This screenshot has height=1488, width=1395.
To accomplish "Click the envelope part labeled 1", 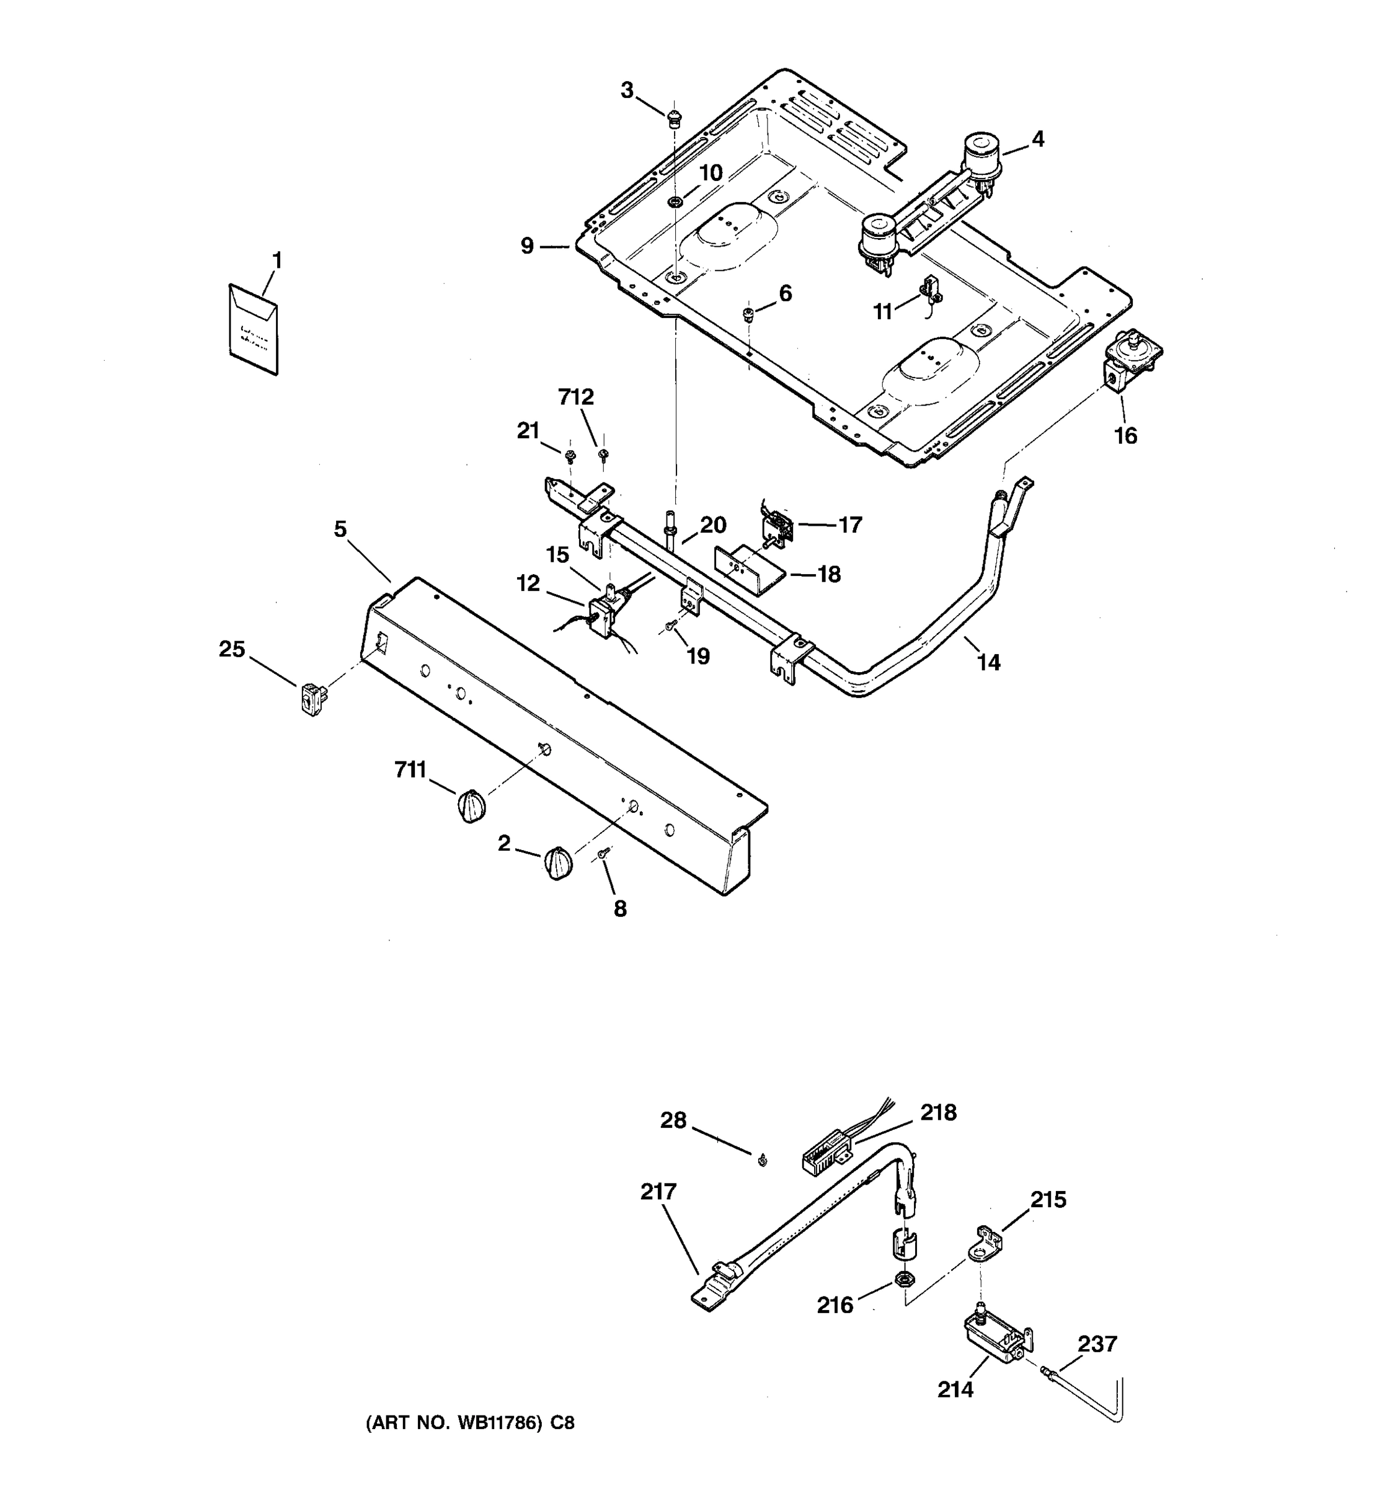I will [x=253, y=329].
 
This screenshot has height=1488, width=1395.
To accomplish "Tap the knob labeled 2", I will [x=558, y=863].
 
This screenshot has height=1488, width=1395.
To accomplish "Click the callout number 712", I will [x=575, y=397].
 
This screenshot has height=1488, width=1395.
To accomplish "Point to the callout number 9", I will [x=528, y=246].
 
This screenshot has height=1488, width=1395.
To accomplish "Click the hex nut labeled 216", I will [x=903, y=1278].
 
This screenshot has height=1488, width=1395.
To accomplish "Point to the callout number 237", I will [x=1097, y=1344].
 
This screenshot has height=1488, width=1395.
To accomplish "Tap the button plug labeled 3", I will [x=673, y=118].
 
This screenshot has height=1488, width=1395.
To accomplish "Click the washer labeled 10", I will [x=676, y=202].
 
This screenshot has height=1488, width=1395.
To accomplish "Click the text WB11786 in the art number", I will [x=488, y=1423].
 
